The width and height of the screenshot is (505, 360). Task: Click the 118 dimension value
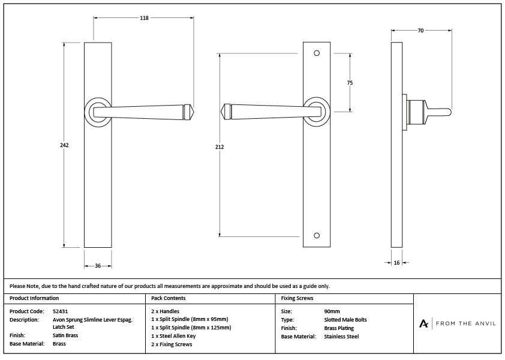pos(144,18)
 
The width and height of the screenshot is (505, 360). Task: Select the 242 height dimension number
pos(65,145)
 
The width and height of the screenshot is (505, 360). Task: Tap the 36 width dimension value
pos(97,265)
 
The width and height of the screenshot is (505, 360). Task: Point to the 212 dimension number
pos(220,147)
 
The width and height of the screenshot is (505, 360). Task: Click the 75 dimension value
pos(350,83)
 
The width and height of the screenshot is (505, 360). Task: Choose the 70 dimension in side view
pos(420,30)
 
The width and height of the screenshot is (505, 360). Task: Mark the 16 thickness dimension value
pos(396,263)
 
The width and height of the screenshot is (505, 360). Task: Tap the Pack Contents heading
pos(169,298)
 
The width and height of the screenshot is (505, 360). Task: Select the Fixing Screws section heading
pos(297,298)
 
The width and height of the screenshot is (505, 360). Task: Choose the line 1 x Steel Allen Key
pos(173,336)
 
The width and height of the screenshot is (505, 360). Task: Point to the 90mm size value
pos(331,311)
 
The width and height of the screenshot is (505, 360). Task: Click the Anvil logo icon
pos(424,323)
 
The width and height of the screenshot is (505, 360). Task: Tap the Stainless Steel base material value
pos(341,337)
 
